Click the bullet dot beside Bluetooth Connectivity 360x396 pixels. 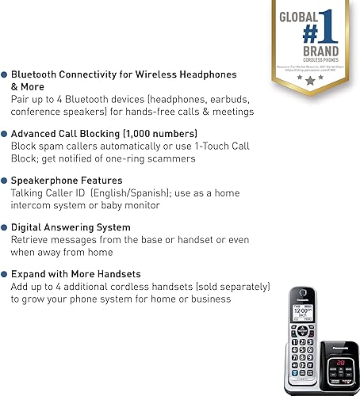click(5, 74)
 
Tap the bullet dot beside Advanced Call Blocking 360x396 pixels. click(5, 133)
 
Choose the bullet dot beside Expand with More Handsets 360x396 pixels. click(5, 274)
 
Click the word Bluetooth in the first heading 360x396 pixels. click(35, 74)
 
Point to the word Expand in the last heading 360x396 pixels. click(29, 274)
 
